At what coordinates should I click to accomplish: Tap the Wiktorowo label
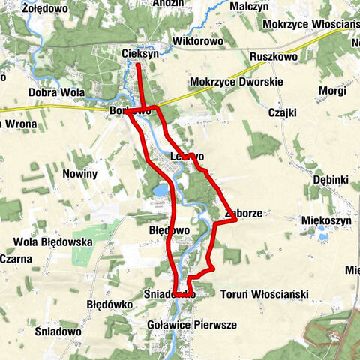click(198, 41)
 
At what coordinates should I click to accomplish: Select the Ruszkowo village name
click(274, 57)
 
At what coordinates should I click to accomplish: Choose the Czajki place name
click(283, 112)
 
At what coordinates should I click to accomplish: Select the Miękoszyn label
click(326, 220)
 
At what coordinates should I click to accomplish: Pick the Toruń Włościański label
click(265, 295)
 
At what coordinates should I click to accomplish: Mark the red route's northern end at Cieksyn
click(139, 65)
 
